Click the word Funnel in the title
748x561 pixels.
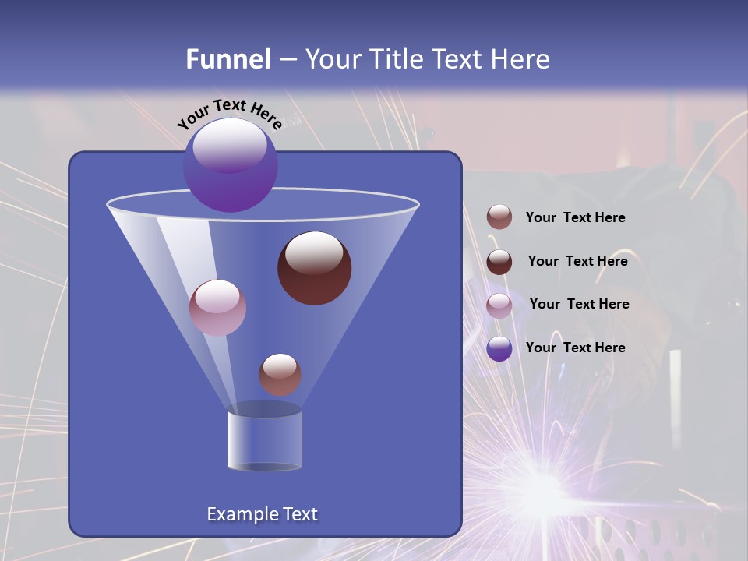click(228, 59)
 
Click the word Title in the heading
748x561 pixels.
click(397, 59)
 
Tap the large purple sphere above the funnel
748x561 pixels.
click(231, 165)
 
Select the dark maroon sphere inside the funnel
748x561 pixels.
click(314, 268)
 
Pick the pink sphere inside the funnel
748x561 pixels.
click(217, 308)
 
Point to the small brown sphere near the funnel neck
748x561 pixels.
click(280, 374)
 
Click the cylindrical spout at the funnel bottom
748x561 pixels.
click(264, 440)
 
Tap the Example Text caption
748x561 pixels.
click(262, 514)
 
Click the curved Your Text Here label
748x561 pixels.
click(229, 113)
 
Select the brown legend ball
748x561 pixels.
click(499, 217)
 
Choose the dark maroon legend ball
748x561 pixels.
click(499, 262)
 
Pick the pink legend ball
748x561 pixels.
click(499, 305)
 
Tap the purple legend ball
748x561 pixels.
click(499, 348)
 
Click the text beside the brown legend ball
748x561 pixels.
click(575, 218)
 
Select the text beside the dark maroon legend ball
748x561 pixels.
click(577, 261)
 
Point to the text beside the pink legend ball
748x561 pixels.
click(579, 304)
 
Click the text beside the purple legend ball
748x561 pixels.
click(575, 348)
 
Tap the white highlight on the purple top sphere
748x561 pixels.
click(229, 144)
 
